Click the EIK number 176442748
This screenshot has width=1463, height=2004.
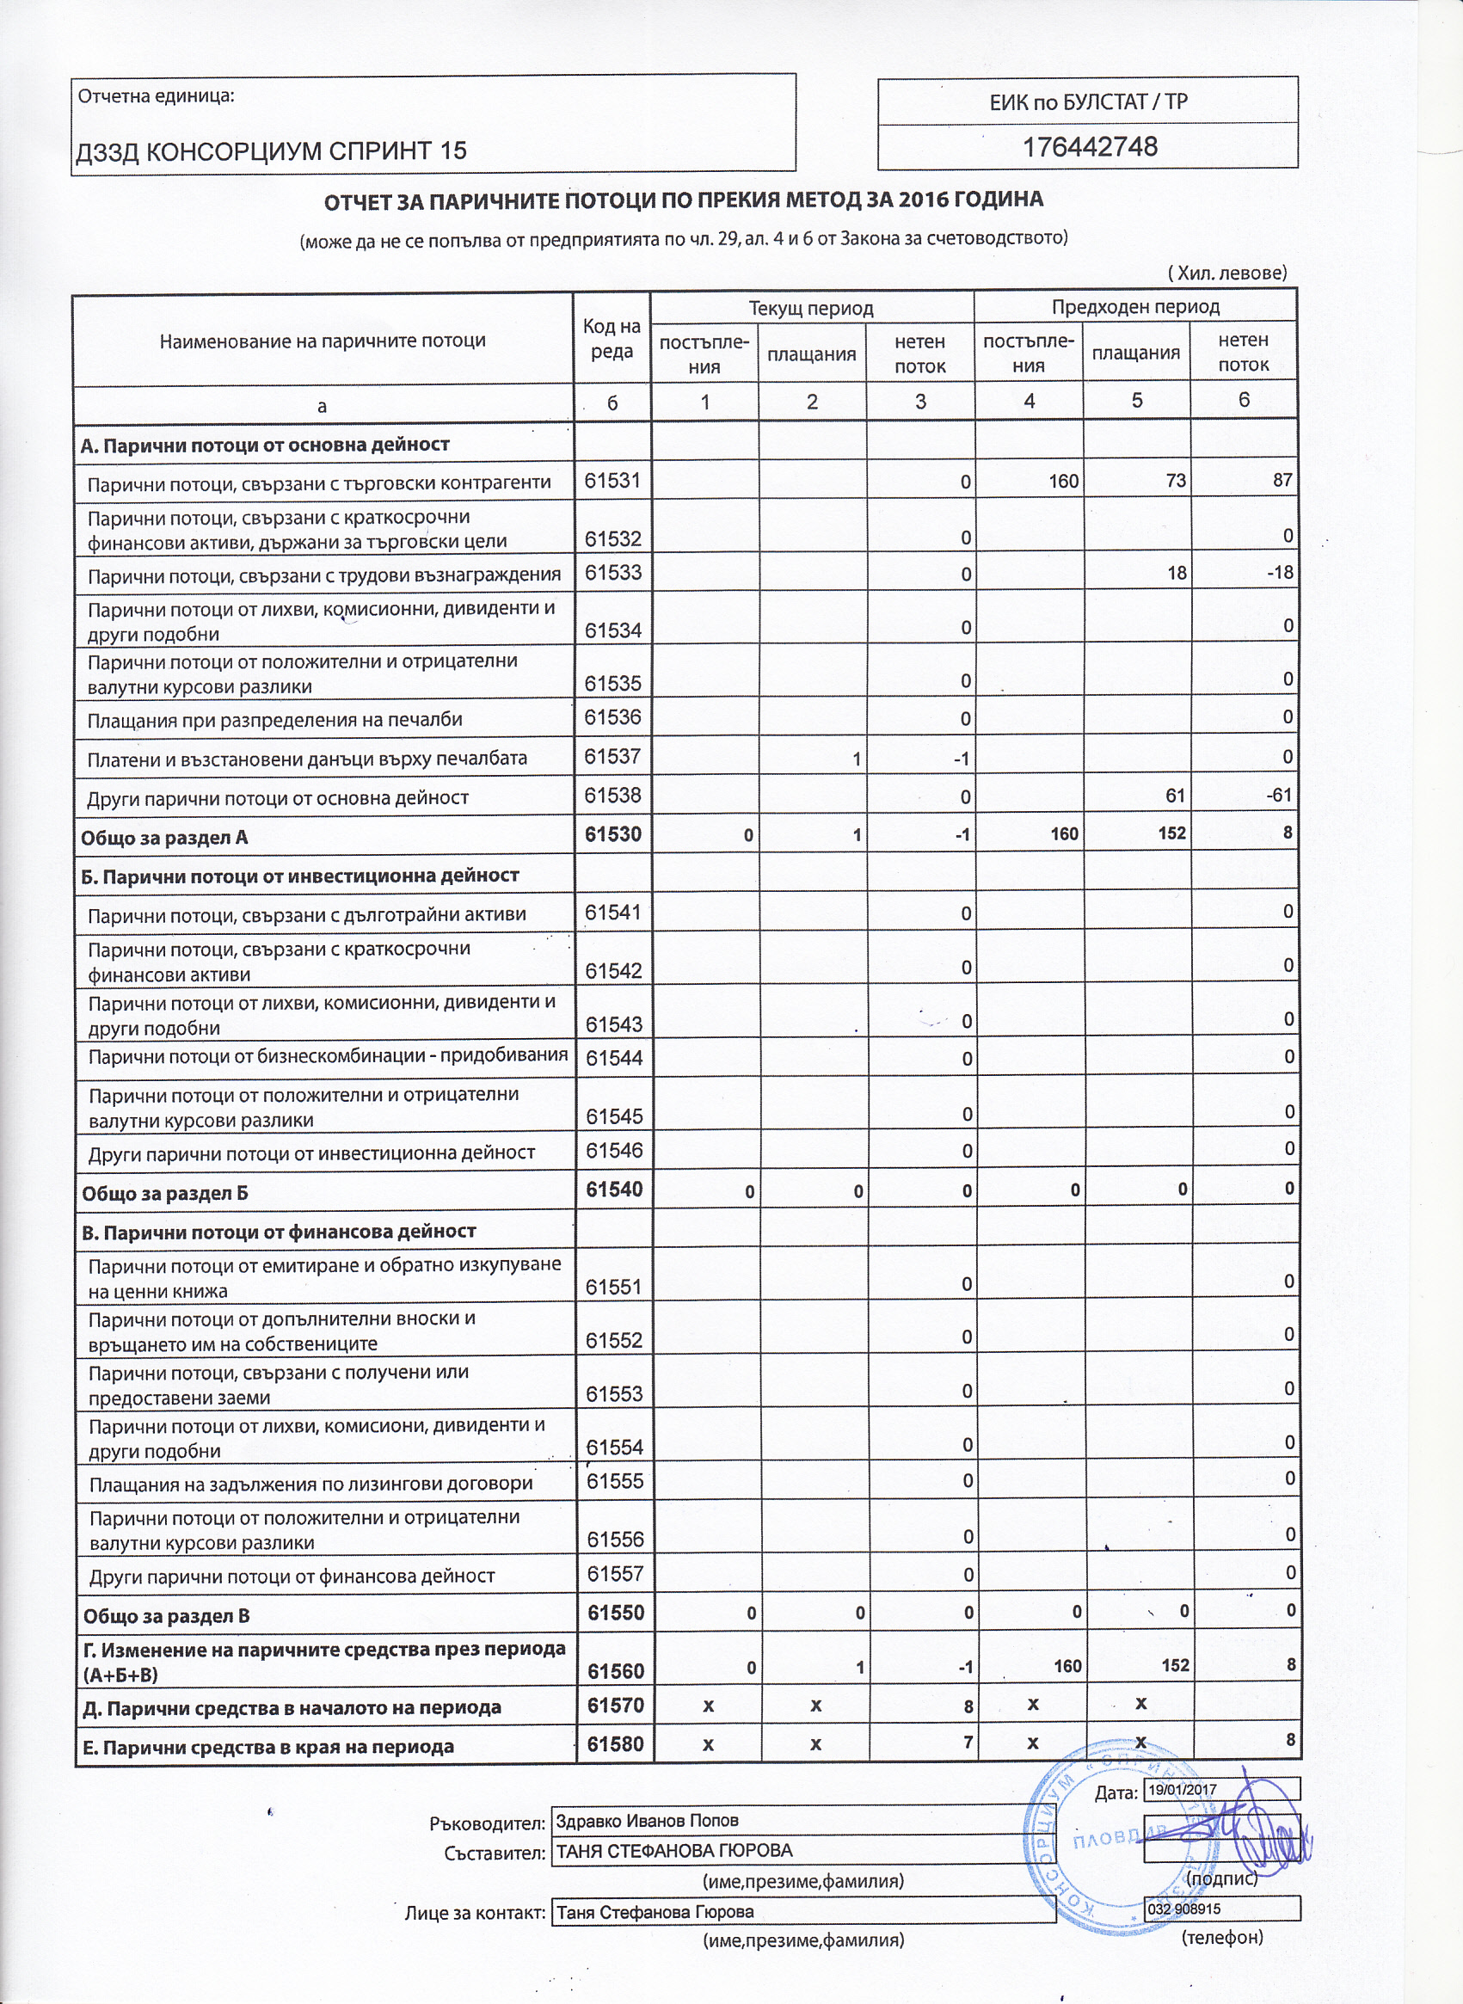tap(1089, 147)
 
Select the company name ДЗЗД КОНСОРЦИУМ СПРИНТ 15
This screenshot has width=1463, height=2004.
tap(271, 151)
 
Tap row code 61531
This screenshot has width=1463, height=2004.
tap(612, 481)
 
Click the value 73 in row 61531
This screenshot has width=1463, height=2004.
tap(1175, 481)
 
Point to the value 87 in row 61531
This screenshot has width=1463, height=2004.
tap(1282, 481)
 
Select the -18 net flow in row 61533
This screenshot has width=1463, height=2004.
tap(1280, 573)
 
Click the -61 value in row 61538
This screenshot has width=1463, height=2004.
tap(1279, 796)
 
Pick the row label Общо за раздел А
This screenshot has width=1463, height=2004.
tap(165, 838)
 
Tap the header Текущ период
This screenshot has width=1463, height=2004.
tap(811, 308)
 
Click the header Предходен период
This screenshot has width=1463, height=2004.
tap(1135, 307)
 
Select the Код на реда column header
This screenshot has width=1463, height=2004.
tap(611, 338)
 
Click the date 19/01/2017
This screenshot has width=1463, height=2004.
tap(1183, 1790)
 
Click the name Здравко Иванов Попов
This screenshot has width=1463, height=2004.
tap(648, 1821)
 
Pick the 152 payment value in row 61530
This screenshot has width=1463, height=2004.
tap(1171, 833)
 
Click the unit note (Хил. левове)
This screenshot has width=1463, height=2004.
tap(1226, 273)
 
